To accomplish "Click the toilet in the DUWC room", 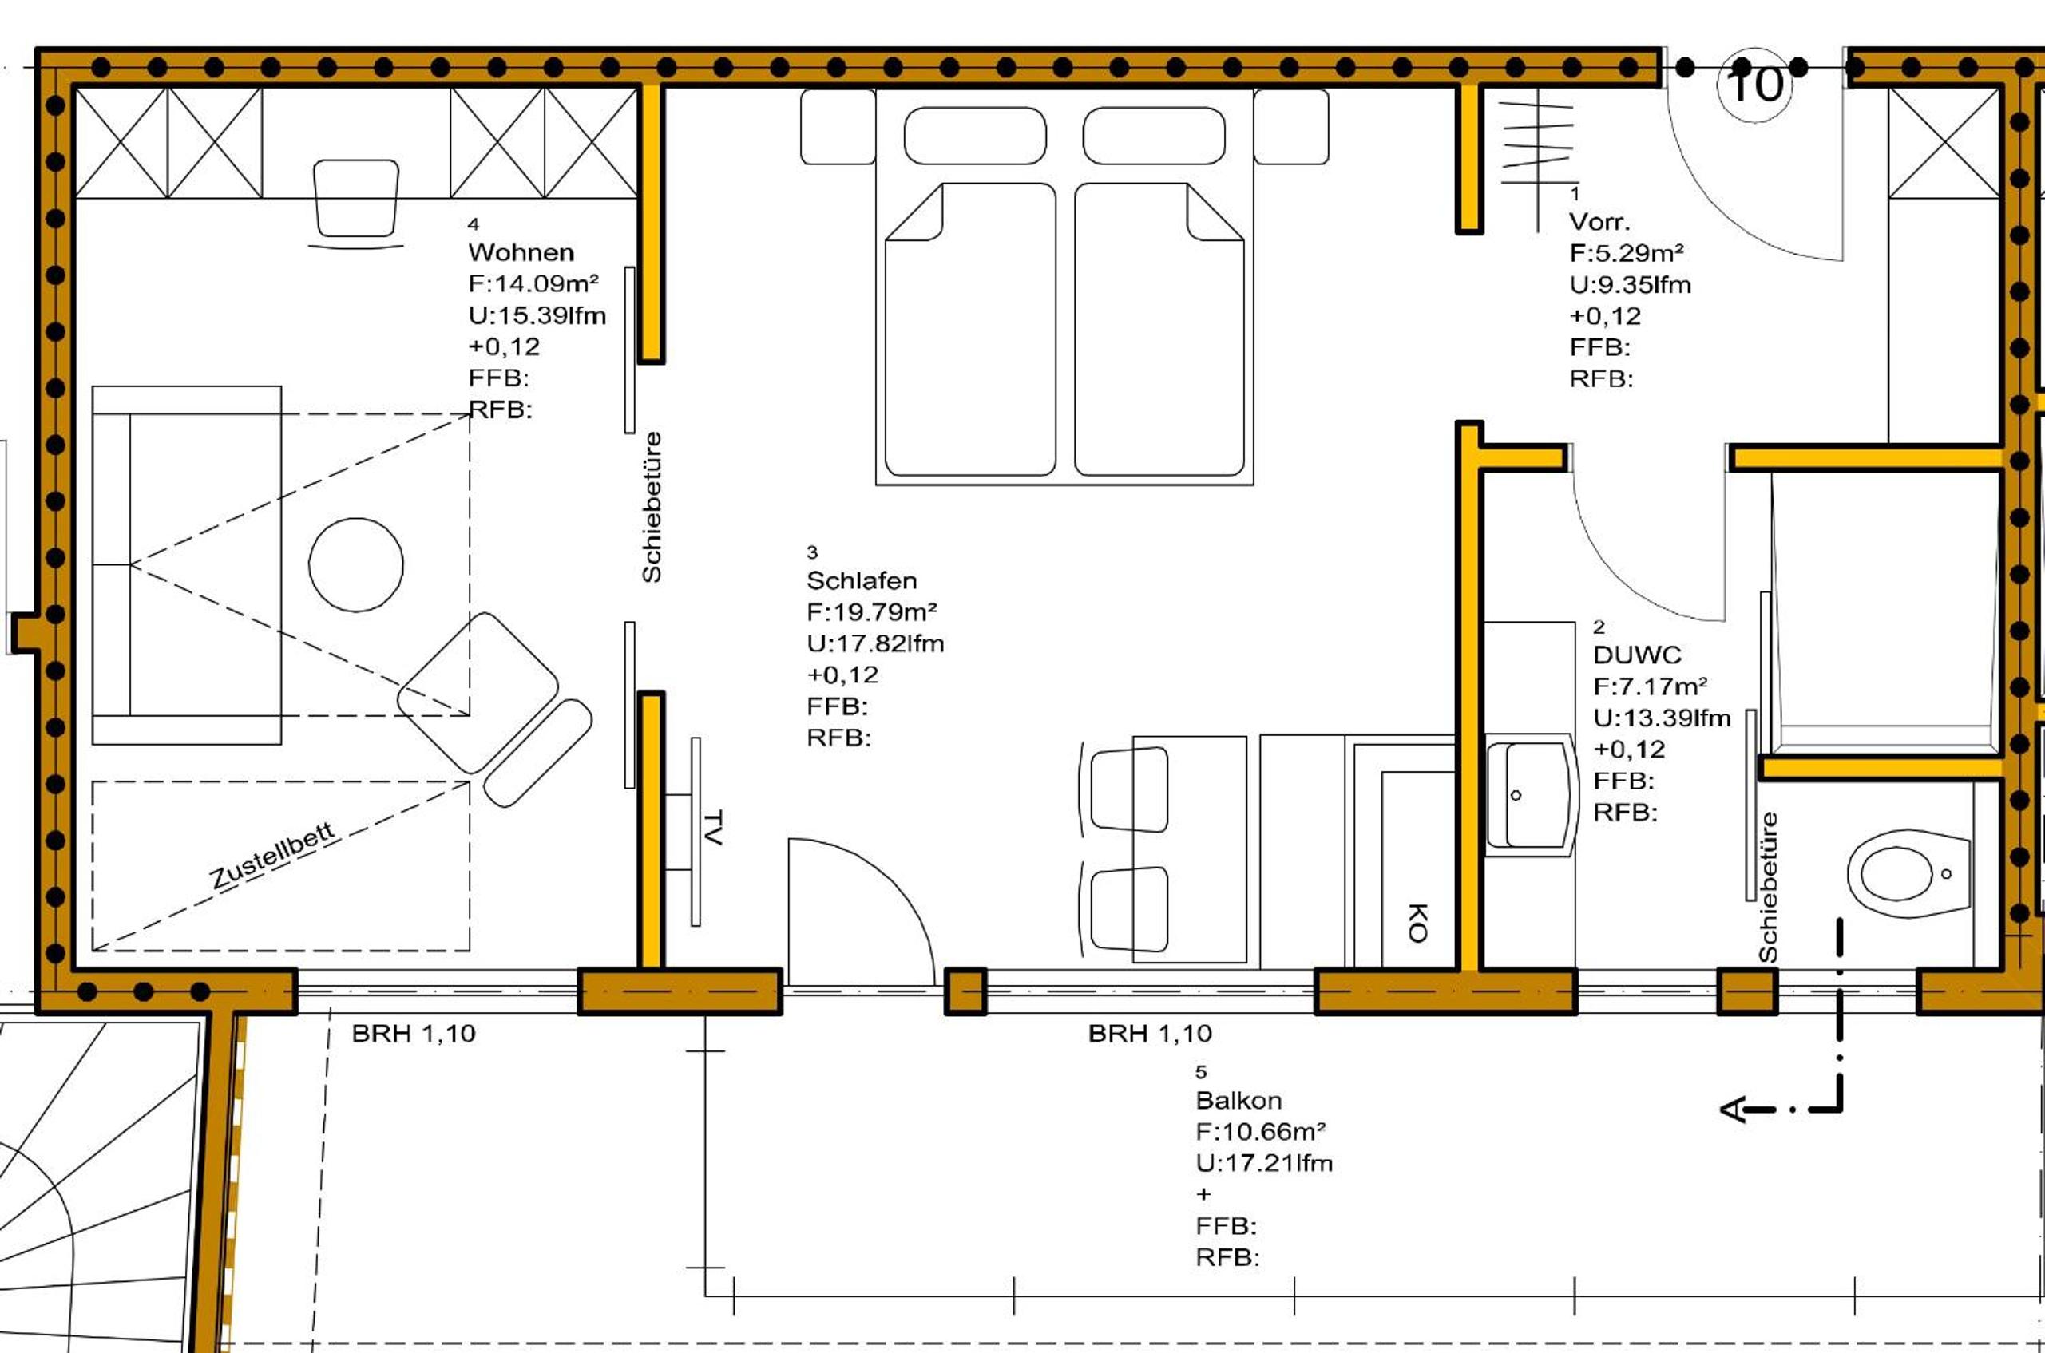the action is [1908, 873].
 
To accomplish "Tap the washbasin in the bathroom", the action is [1527, 795].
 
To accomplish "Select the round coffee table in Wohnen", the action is [355, 565].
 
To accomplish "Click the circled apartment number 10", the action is [1756, 85].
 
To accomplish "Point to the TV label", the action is [713, 827].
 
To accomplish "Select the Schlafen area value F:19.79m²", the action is [872, 611].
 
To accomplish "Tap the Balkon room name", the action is [1238, 1100].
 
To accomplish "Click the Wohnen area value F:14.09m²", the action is [533, 283].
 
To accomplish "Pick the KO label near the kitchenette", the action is [1417, 923].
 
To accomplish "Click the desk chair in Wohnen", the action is [356, 200].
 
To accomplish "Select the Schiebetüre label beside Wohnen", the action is [652, 508].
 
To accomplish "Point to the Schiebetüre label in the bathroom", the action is [1768, 887].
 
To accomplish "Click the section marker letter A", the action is [1733, 1110].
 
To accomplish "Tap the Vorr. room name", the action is [1599, 222].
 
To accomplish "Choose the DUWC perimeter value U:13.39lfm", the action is [1662, 718].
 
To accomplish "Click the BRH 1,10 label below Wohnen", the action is [414, 1033].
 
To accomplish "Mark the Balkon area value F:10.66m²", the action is [1261, 1131].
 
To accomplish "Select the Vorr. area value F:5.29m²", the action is [1627, 253].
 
